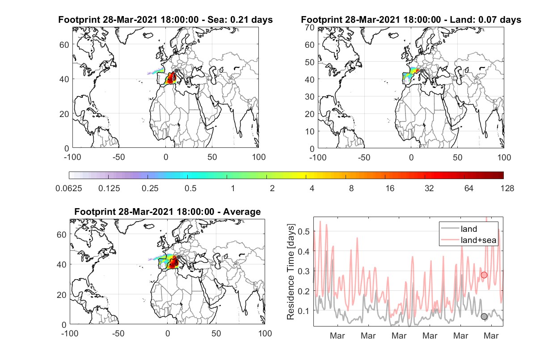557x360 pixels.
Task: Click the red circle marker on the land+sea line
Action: click(x=484, y=275)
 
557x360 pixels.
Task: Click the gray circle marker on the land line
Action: click(x=484, y=317)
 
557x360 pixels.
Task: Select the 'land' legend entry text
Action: click(x=469, y=229)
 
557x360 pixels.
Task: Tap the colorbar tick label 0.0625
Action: click(x=69, y=188)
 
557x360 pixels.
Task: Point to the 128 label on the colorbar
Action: click(x=507, y=188)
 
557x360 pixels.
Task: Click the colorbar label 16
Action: click(x=390, y=188)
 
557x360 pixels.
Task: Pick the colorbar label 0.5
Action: click(x=190, y=188)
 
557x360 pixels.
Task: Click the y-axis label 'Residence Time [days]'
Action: click(x=291, y=272)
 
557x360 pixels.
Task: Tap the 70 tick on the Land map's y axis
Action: click(x=310, y=28)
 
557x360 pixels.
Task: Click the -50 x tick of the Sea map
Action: click(x=118, y=157)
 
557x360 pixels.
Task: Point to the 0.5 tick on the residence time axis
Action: click(x=304, y=231)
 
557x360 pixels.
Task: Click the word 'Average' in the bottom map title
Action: click(x=242, y=212)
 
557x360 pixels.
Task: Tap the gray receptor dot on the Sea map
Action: click(x=176, y=71)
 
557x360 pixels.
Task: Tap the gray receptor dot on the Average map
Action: click(x=178, y=257)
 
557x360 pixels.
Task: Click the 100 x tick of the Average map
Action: click(x=265, y=333)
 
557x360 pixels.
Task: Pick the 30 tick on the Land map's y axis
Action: click(x=310, y=96)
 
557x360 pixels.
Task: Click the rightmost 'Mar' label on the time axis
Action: click(x=491, y=336)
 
